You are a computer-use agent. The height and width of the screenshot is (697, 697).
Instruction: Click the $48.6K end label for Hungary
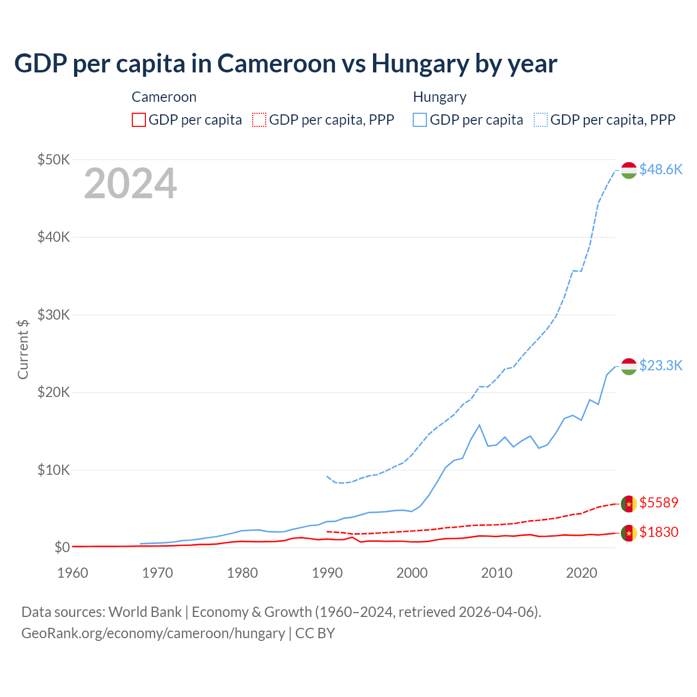pos(661,169)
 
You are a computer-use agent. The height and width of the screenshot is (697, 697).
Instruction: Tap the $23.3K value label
pos(661,365)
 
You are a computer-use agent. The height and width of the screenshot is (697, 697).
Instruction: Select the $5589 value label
pos(659,503)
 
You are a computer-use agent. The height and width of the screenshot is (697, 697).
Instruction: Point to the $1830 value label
pos(659,532)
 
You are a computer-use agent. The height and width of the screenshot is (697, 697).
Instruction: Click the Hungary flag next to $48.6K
pos(629,170)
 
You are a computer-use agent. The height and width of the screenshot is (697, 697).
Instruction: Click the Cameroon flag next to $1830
pos(629,533)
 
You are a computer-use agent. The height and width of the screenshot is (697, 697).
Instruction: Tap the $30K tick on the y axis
pos(53,315)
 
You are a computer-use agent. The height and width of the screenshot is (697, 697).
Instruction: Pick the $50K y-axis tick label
pos(53,160)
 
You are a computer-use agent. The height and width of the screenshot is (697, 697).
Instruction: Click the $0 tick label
pos(62,547)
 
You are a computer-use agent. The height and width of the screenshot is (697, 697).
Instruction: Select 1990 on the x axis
pos(327,573)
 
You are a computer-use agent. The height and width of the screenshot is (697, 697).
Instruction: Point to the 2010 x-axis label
pos(497,573)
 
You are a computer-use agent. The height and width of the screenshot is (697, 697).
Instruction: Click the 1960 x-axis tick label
pos(73,573)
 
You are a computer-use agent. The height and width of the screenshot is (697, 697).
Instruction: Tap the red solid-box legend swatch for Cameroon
pos(139,120)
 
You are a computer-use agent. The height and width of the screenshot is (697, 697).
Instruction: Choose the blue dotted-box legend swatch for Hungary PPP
pos(541,120)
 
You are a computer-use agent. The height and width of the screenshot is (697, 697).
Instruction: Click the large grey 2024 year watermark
pos(130,184)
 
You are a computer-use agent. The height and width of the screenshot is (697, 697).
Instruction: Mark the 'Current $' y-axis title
pos(23,349)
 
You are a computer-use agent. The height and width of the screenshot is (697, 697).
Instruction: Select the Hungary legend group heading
pos(439,97)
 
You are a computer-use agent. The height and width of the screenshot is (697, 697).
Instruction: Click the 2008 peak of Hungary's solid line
pos(479,425)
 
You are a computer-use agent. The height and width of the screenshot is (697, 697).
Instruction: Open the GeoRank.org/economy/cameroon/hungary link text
pos(153,633)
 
